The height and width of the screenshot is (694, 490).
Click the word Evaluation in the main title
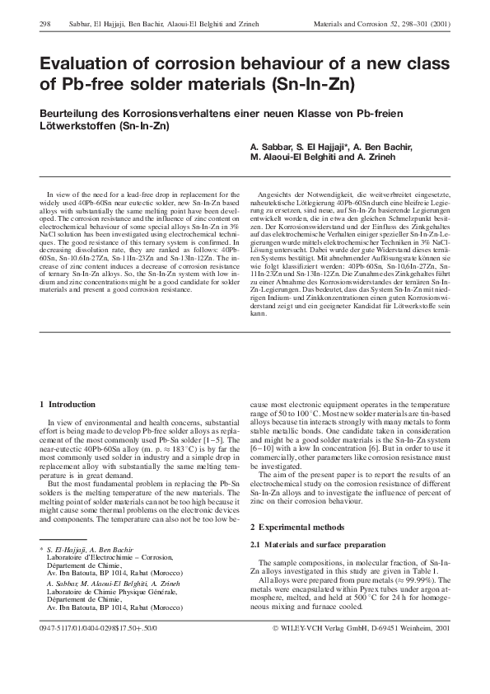(x=86, y=64)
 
